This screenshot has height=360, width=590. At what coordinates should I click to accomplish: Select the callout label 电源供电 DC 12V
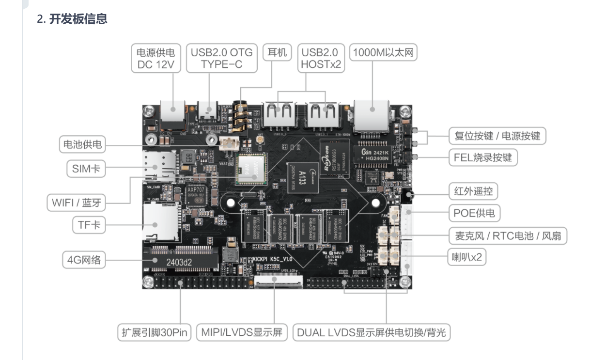(155, 59)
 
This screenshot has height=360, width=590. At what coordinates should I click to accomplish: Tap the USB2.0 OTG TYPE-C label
(221, 59)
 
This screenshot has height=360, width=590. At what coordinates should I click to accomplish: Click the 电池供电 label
(82, 144)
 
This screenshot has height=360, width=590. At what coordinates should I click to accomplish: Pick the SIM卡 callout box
(86, 169)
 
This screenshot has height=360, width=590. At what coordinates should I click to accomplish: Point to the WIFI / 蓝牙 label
(77, 203)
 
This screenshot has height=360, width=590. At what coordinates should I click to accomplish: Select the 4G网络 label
(84, 260)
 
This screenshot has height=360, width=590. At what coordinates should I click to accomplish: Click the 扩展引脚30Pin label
(155, 333)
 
